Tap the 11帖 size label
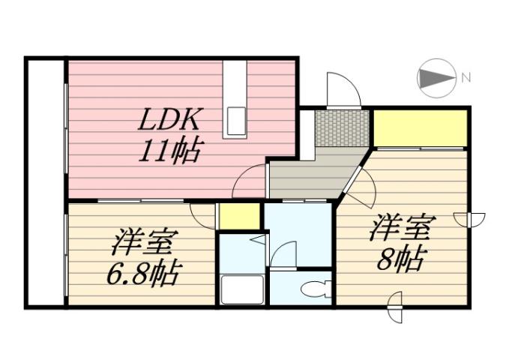pyautogui.click(x=168, y=152)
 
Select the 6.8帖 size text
pyautogui.click(x=142, y=274)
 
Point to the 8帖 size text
pyautogui.click(x=400, y=259)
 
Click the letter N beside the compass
pyautogui.click(x=466, y=76)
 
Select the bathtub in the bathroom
pyautogui.click(x=241, y=289)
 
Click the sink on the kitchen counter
pyautogui.click(x=237, y=119)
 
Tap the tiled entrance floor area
pyautogui.click(x=341, y=127)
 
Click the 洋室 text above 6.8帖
pyautogui.click(x=145, y=244)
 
